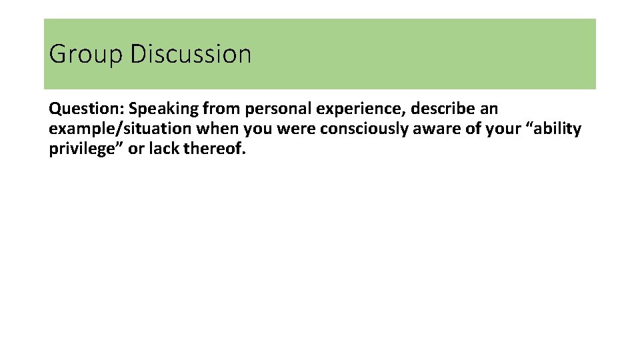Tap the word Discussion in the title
191,54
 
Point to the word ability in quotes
557,129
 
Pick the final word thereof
215,149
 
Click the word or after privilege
135,149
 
